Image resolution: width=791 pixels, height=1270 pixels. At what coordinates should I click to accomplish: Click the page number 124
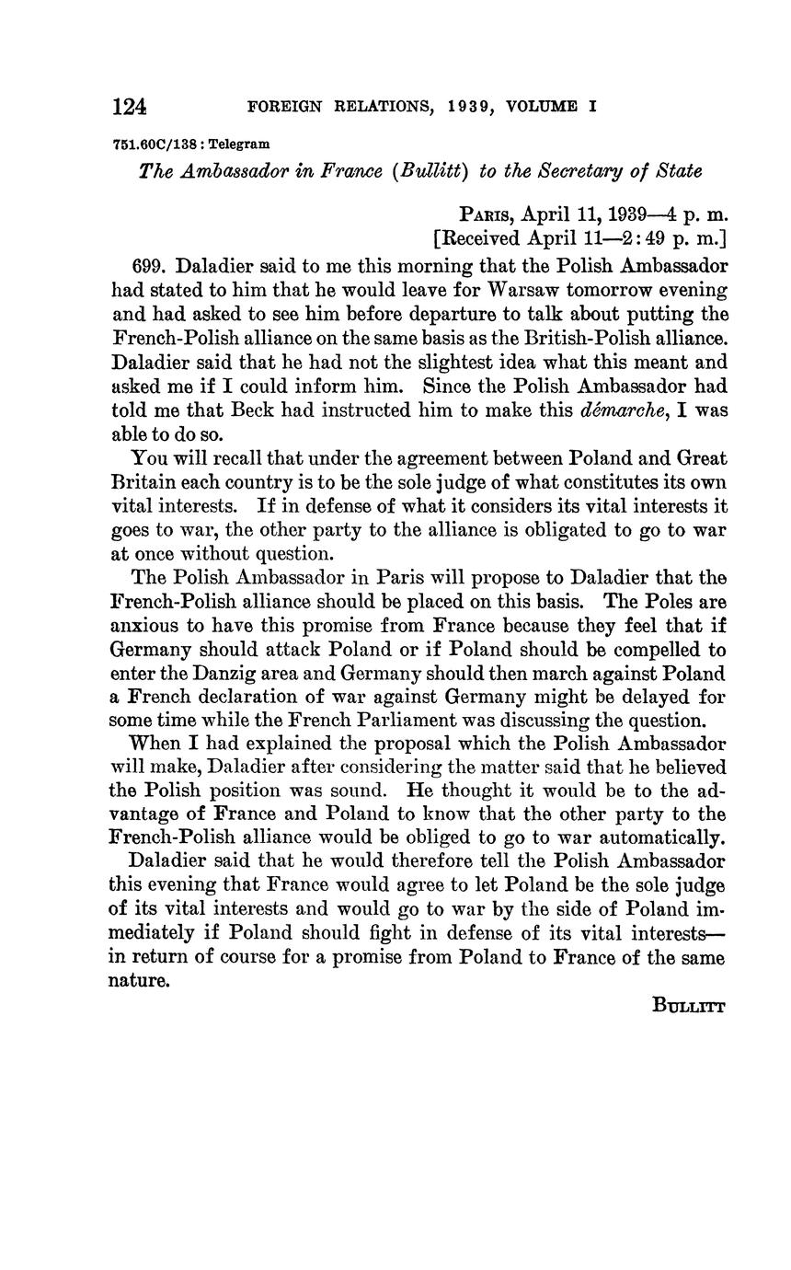tap(130, 107)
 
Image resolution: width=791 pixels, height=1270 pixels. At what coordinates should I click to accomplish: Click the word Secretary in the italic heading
tap(577, 171)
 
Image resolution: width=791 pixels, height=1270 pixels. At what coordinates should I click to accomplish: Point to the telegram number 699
tap(149, 267)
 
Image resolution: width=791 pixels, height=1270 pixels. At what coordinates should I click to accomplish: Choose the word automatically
tap(663, 837)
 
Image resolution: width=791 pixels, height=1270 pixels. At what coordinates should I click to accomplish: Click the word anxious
tap(142, 626)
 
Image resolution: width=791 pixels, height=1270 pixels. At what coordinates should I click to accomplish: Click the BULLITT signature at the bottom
tap(689, 1006)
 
